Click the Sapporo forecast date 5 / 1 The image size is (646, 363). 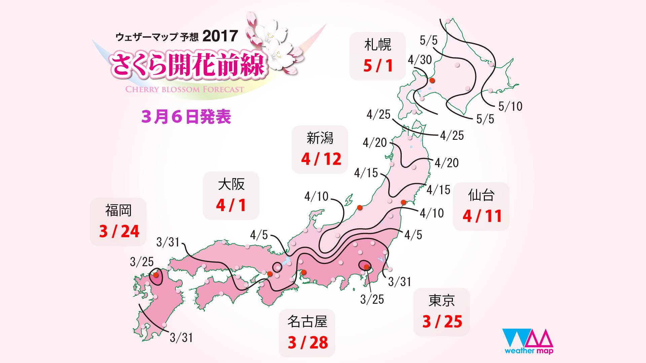(378, 66)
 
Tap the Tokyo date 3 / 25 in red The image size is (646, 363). (442, 322)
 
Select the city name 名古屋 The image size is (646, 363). (307, 322)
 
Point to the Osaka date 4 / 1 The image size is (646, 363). (231, 205)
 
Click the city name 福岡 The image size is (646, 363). (118, 210)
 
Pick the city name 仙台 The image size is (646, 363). (481, 195)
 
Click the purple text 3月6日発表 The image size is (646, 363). (186, 117)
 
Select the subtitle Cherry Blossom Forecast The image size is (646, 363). (185, 89)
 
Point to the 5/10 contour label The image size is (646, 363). (510, 107)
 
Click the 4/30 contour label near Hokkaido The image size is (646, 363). (420, 60)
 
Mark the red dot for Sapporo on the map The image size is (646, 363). (432, 80)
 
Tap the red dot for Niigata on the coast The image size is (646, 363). (360, 207)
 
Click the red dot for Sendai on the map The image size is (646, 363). (403, 202)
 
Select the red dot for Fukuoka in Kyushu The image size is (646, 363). (156, 275)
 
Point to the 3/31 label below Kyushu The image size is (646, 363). (181, 337)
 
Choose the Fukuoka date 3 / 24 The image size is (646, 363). (119, 231)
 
